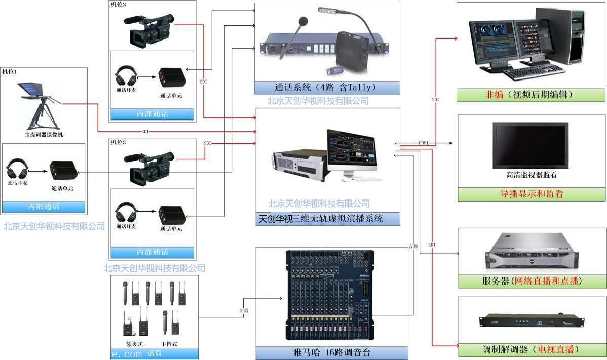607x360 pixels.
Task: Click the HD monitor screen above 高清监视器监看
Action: pos(530,145)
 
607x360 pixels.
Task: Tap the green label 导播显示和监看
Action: pos(532,194)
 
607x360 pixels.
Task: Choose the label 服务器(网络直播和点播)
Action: pos(532,281)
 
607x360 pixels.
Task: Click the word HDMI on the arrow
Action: pos(424,143)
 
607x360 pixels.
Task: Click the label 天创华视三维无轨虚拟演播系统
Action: pos(320,219)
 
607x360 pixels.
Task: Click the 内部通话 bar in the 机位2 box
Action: pos(152,114)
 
